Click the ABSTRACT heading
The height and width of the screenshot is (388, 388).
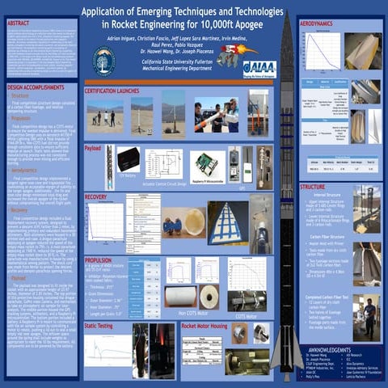(20, 24)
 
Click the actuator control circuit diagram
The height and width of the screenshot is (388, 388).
(164, 162)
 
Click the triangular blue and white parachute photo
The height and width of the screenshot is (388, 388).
(227, 221)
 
